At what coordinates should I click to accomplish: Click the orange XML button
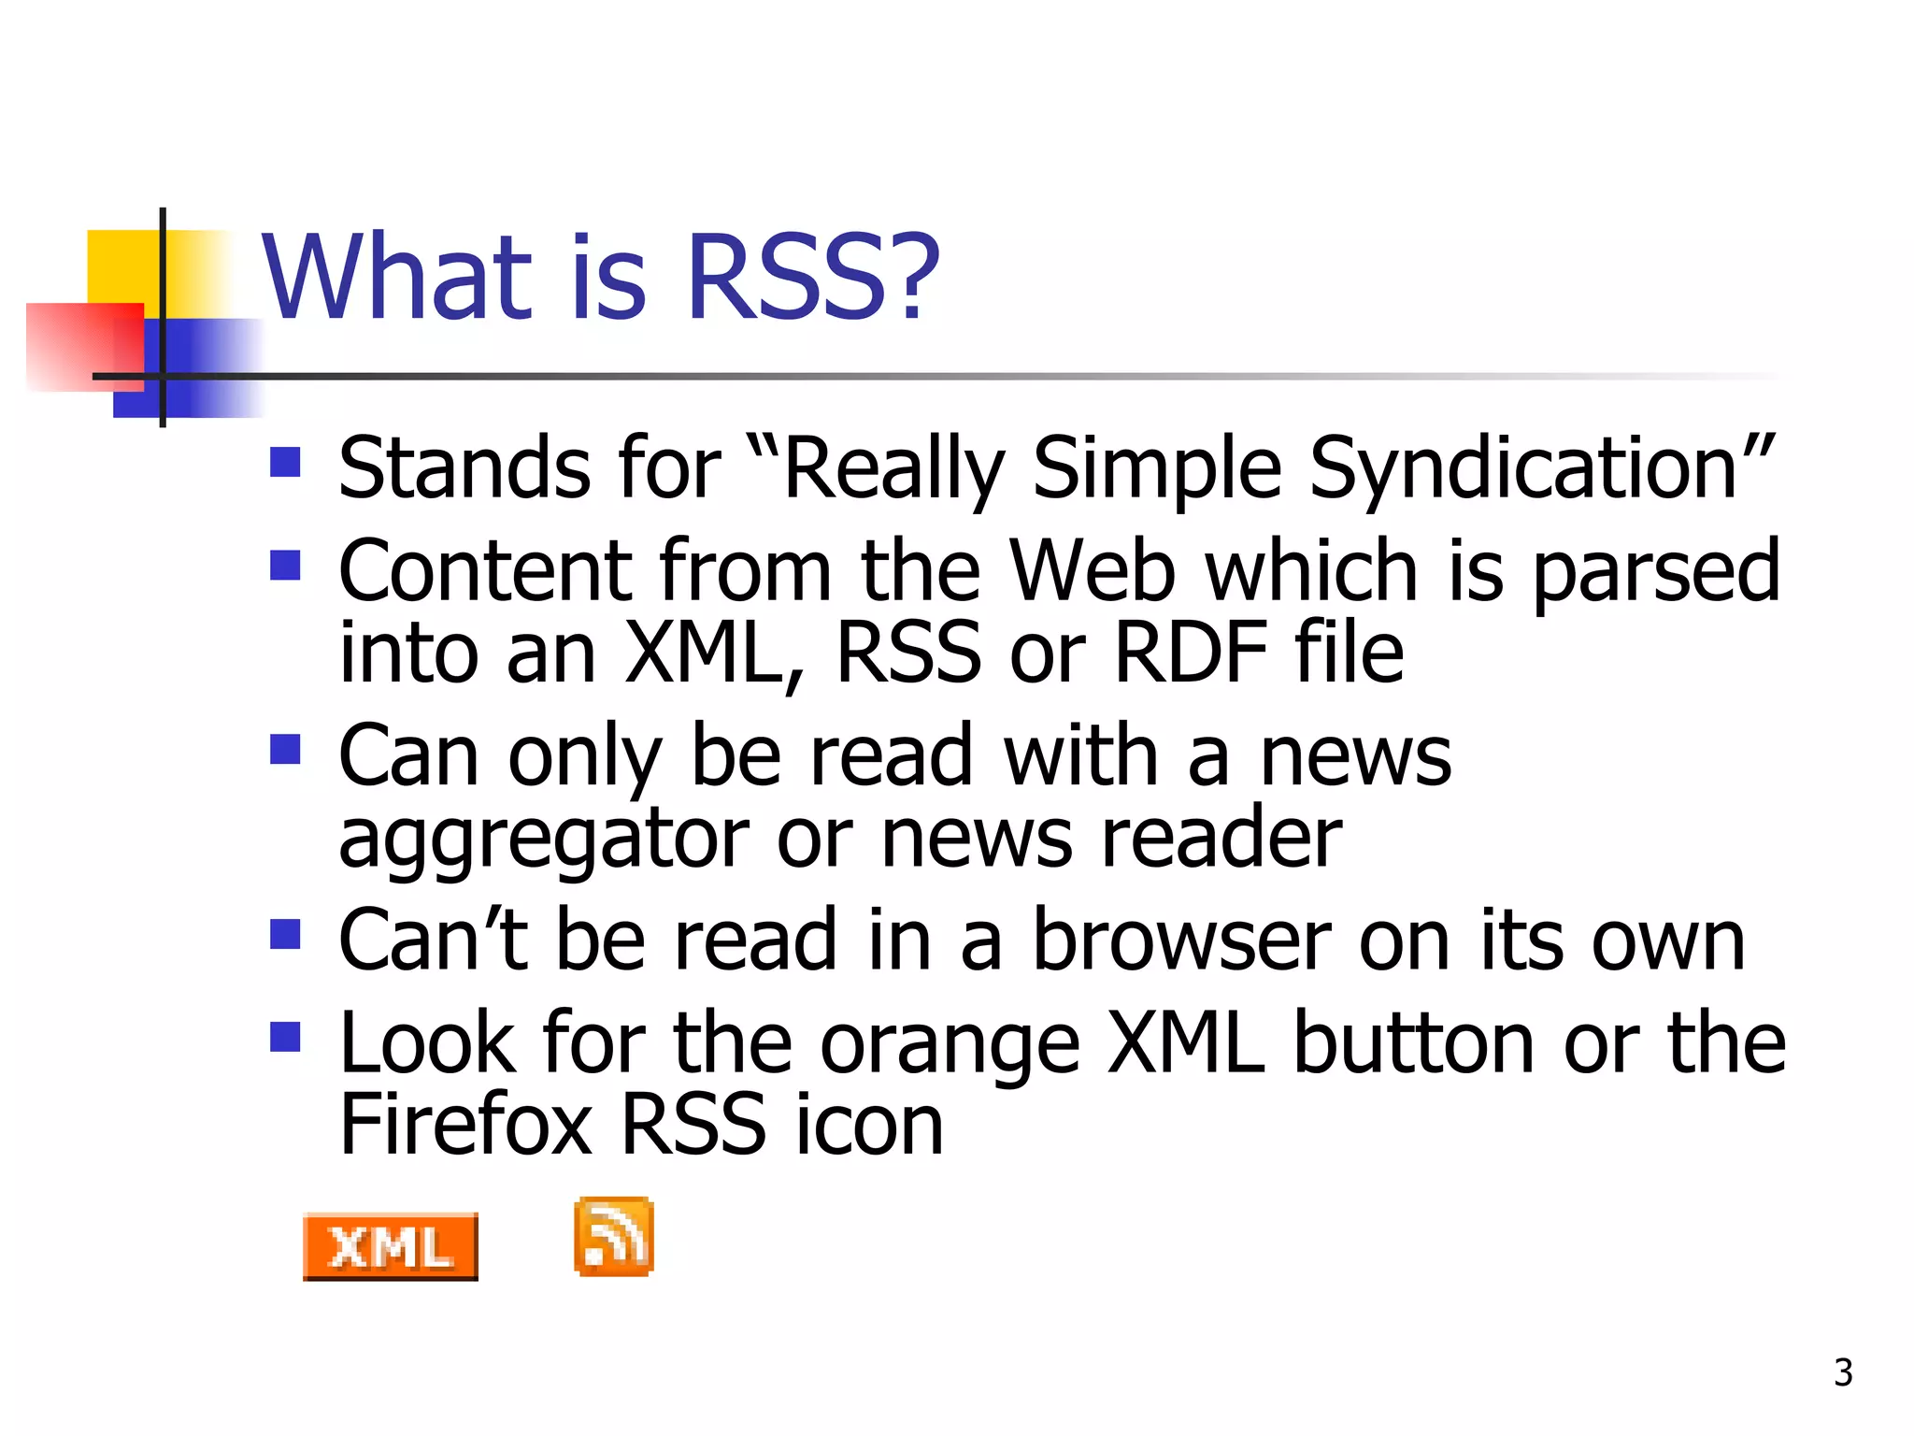click(390, 1246)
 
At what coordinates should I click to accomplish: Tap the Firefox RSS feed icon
click(613, 1236)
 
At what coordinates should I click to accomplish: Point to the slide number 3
click(1843, 1372)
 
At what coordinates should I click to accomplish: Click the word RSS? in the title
click(812, 277)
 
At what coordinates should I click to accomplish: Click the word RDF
click(1191, 653)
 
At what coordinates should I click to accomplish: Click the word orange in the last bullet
click(950, 1044)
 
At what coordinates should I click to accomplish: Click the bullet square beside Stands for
click(285, 462)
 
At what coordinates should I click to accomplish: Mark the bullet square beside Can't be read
click(285, 934)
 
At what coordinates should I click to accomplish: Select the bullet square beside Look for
click(285, 1036)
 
